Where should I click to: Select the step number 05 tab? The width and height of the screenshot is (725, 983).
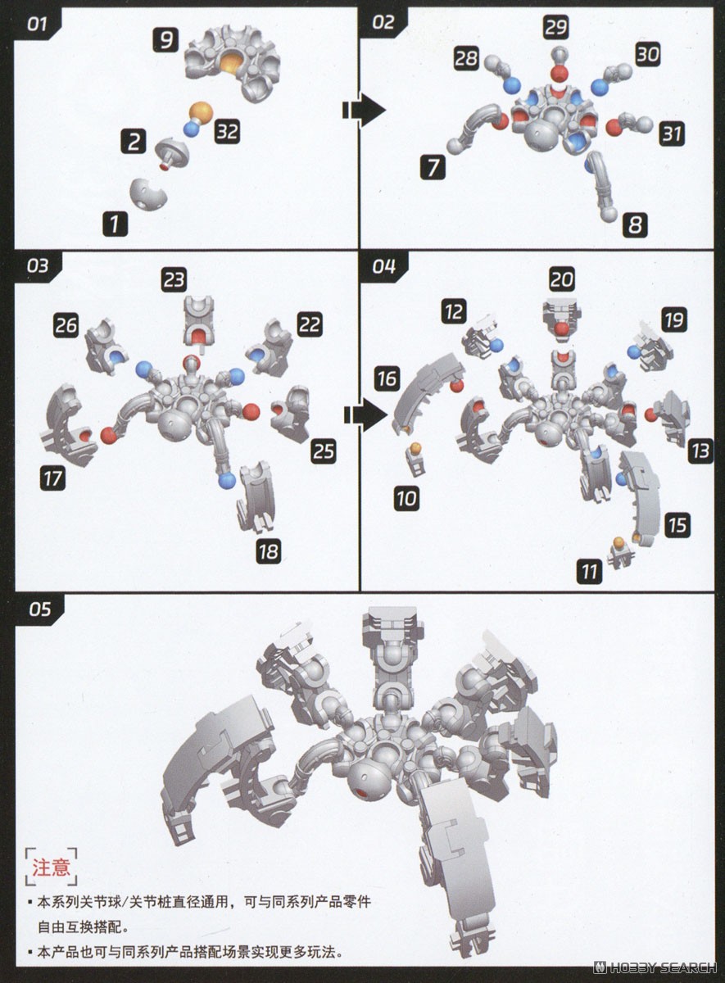pos(39,609)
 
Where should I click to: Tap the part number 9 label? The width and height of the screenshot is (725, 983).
pos(165,40)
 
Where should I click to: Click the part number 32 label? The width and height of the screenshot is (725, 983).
pos(228,131)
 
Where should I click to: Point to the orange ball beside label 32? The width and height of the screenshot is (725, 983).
pos(201,111)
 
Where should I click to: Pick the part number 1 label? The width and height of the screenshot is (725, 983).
pos(115,224)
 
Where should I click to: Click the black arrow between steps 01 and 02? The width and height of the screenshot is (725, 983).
pos(364,110)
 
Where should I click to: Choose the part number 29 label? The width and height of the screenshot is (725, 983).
pos(556,27)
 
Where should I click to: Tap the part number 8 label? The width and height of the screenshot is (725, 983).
pos(635,225)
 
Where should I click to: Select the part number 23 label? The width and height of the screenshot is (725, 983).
pos(174,279)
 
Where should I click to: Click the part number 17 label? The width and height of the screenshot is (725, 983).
pos(53,478)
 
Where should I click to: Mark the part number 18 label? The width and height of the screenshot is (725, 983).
pos(269,551)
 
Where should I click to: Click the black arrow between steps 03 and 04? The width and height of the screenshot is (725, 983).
pos(365,414)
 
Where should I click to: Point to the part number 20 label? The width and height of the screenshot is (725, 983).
pos(562,279)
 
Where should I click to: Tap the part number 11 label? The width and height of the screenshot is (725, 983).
pos(589,572)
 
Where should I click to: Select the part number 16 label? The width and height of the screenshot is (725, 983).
pos(387,378)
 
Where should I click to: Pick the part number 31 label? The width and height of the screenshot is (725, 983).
pos(671,134)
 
